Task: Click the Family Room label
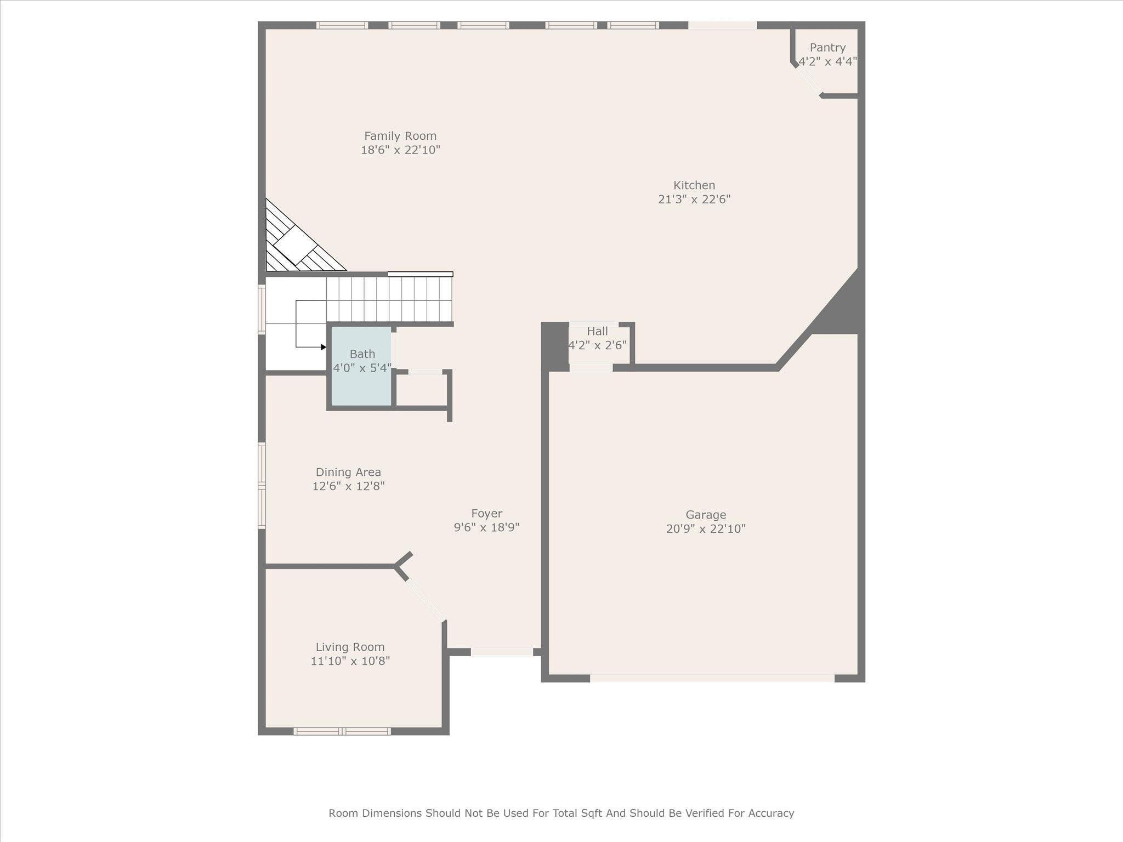[x=400, y=136]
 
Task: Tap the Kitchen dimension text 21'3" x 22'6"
[x=694, y=200]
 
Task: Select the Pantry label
[x=827, y=48]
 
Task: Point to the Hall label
[x=597, y=331]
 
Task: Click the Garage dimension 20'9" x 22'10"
[x=706, y=529]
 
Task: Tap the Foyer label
[x=486, y=514]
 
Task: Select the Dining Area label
[x=348, y=472]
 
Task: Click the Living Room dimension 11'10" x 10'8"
[x=350, y=661]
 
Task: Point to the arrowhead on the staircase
[x=324, y=347]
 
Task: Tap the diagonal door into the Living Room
[x=425, y=601]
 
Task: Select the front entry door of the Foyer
[x=502, y=652]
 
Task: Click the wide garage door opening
[x=712, y=678]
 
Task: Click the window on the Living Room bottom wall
[x=342, y=731]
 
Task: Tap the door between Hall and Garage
[x=591, y=368]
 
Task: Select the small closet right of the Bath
[x=421, y=390]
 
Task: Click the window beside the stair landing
[x=262, y=309]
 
